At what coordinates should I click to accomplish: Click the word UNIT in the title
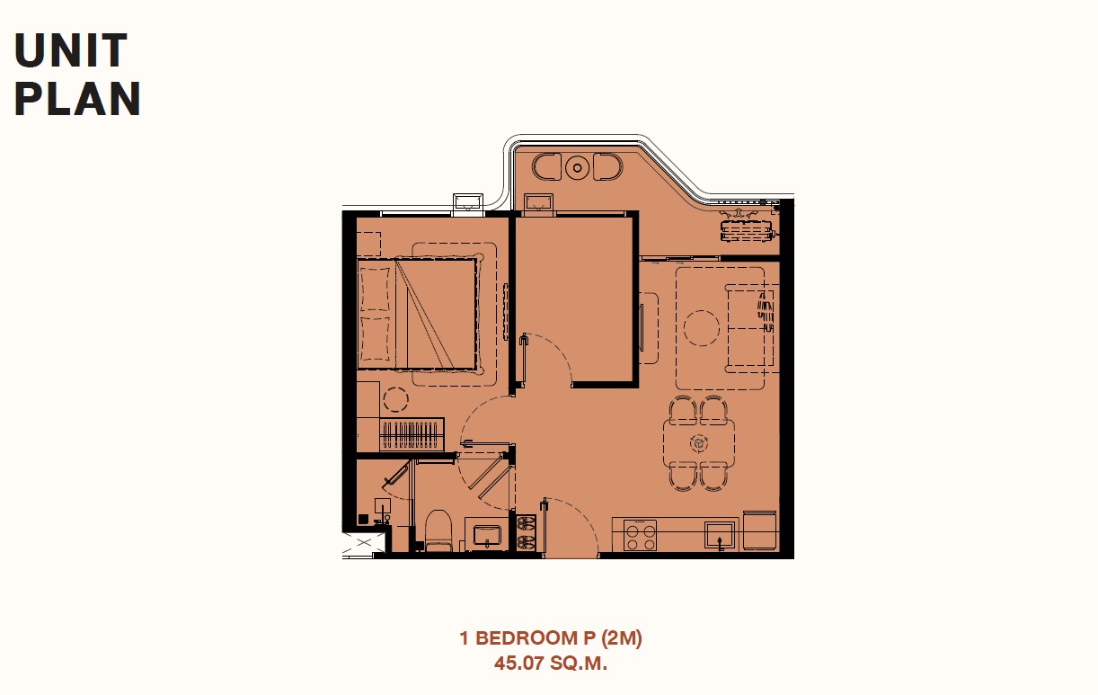tap(71, 50)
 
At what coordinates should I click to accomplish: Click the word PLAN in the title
tap(77, 99)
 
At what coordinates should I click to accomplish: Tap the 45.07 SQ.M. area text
tap(551, 664)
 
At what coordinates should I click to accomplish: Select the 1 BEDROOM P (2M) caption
tap(551, 638)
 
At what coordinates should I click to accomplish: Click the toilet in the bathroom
tap(438, 530)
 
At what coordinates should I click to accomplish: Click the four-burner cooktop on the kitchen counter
tap(640, 536)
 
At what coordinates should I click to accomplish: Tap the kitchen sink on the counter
tap(720, 535)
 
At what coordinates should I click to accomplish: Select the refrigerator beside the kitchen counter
tap(760, 530)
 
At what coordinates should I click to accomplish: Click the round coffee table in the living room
tap(702, 328)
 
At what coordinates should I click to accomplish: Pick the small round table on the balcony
tap(578, 168)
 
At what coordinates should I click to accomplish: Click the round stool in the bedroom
tap(395, 399)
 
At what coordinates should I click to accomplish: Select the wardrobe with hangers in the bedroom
tap(412, 434)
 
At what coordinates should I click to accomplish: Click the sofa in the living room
tap(750, 327)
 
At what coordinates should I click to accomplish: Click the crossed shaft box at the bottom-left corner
tap(364, 543)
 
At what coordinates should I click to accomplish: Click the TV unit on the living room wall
tap(642, 327)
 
